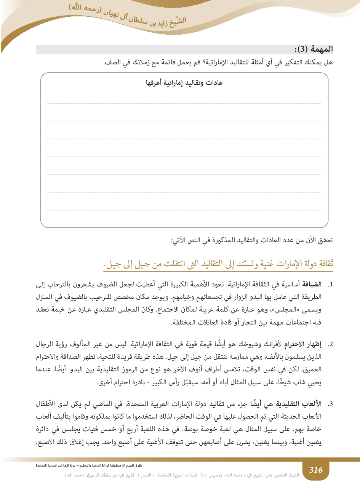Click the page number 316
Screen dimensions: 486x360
click(316, 470)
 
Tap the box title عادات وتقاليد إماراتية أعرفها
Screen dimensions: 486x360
click(185, 83)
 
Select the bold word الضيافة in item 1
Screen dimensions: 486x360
click(312, 285)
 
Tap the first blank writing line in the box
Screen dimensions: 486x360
click(184, 103)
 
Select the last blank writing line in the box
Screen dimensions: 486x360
click(184, 209)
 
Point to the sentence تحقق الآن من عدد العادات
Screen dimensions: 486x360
click(252, 240)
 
